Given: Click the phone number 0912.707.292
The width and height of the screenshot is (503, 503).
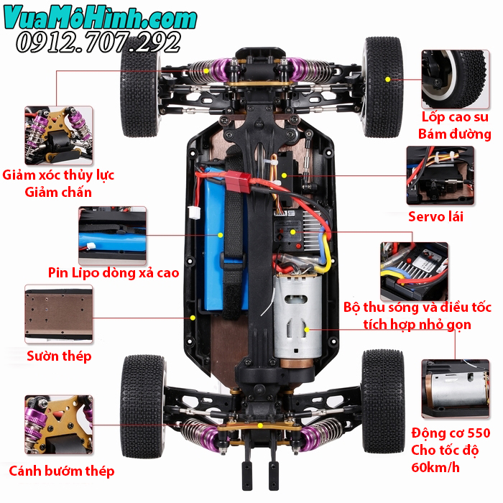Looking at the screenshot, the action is point(99,42).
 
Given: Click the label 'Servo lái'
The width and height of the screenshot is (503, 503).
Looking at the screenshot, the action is point(435,216).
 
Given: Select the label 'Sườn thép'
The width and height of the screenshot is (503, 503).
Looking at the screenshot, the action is point(59,356).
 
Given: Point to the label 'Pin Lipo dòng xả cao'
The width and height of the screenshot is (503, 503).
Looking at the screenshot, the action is point(114,272).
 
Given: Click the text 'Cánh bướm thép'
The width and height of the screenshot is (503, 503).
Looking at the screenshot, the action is point(61,471).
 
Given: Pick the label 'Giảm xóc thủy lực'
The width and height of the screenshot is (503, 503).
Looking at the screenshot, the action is point(58,175).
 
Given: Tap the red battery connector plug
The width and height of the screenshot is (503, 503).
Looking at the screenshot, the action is point(243,181).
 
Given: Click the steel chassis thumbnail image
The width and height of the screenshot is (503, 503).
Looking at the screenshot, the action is point(59,313).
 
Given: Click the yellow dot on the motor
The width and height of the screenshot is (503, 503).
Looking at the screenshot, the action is point(307,329).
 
